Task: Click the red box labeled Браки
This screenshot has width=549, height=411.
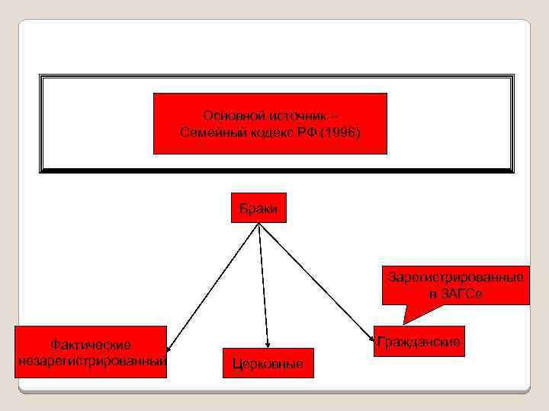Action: point(258,208)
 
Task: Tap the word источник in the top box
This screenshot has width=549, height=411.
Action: point(293,116)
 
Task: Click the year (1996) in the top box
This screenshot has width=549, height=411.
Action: point(341,133)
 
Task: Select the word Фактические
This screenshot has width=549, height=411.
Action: point(91,346)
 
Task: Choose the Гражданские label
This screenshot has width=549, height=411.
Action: point(419,342)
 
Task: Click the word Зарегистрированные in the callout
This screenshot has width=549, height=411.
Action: point(455,277)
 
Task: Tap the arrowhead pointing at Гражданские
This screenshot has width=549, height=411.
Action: point(371,335)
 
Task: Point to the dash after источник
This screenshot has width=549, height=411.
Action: point(338,116)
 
